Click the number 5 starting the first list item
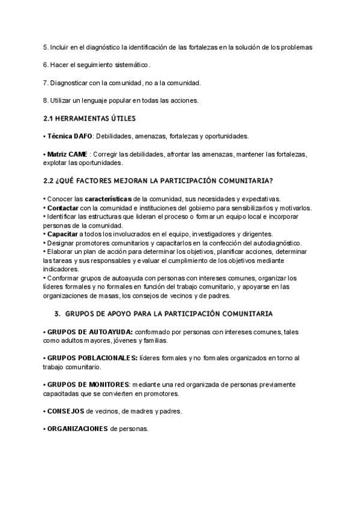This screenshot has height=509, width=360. tap(46, 47)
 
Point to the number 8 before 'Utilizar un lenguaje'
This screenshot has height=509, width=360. tap(46, 100)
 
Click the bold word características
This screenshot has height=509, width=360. tap(108, 199)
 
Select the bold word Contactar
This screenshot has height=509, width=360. tap(63, 208)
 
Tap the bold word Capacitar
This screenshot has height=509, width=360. tap(62, 234)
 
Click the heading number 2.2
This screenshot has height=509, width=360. tap(50, 180)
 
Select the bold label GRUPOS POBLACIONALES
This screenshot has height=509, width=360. tap(93, 358)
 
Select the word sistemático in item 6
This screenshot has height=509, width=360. tap(128, 65)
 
